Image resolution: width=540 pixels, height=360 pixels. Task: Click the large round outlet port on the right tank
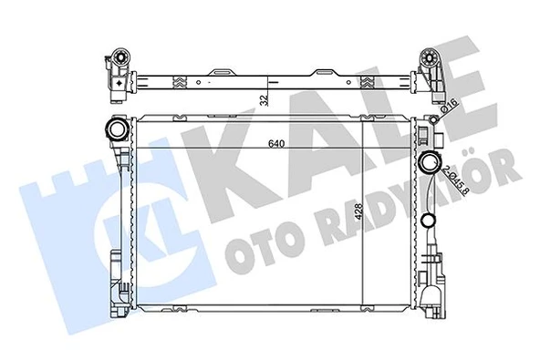pos(431,165)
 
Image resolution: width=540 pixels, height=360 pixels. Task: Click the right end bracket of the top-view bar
pos(428,70)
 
